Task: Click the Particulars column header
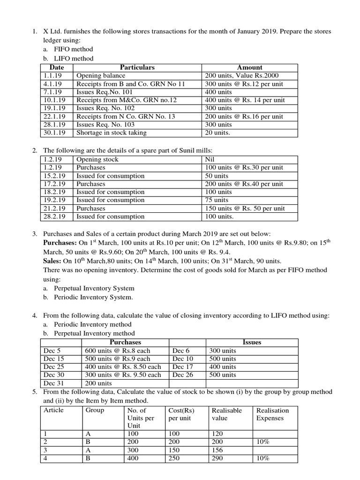[137, 67]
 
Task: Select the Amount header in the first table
[250, 67]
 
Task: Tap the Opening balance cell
[101, 75]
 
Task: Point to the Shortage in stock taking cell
[111, 133]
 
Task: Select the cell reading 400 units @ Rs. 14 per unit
[244, 100]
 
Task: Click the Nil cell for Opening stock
[210, 159]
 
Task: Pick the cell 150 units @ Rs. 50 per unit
[244, 208]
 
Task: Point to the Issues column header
[252, 342]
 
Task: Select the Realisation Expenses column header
[272, 414]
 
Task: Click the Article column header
[53, 410]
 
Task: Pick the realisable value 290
[218, 458]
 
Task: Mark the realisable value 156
[218, 450]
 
